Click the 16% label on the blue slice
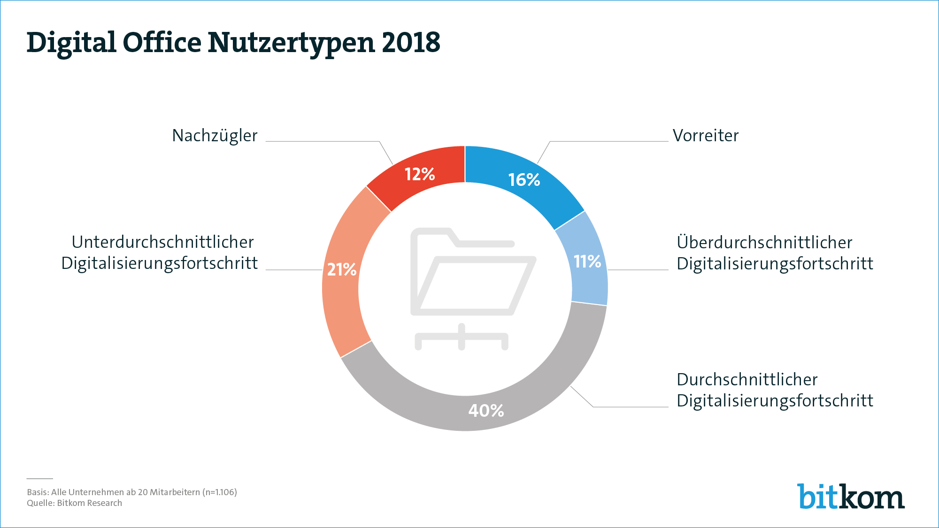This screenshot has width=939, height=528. (524, 180)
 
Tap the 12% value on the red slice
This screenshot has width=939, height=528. (420, 175)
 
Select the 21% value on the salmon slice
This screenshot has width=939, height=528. (342, 270)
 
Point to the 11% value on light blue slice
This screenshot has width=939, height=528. (587, 261)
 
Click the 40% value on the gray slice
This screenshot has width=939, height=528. (486, 411)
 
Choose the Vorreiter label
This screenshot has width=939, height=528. (706, 136)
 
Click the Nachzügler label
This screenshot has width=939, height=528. (215, 136)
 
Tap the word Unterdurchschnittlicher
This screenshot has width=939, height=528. (162, 242)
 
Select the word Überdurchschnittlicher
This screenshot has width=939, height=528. (764, 243)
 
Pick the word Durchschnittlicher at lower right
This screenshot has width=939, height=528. (747, 380)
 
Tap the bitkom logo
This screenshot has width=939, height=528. (850, 497)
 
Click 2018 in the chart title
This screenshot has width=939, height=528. (411, 42)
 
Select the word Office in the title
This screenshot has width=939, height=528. (162, 42)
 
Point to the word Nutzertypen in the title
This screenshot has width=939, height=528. (291, 43)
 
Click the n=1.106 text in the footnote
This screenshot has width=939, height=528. (220, 492)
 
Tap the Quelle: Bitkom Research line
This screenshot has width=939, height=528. (74, 503)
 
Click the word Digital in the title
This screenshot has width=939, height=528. (71, 43)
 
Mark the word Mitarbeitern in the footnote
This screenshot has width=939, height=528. (175, 492)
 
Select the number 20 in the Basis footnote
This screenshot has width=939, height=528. (143, 492)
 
